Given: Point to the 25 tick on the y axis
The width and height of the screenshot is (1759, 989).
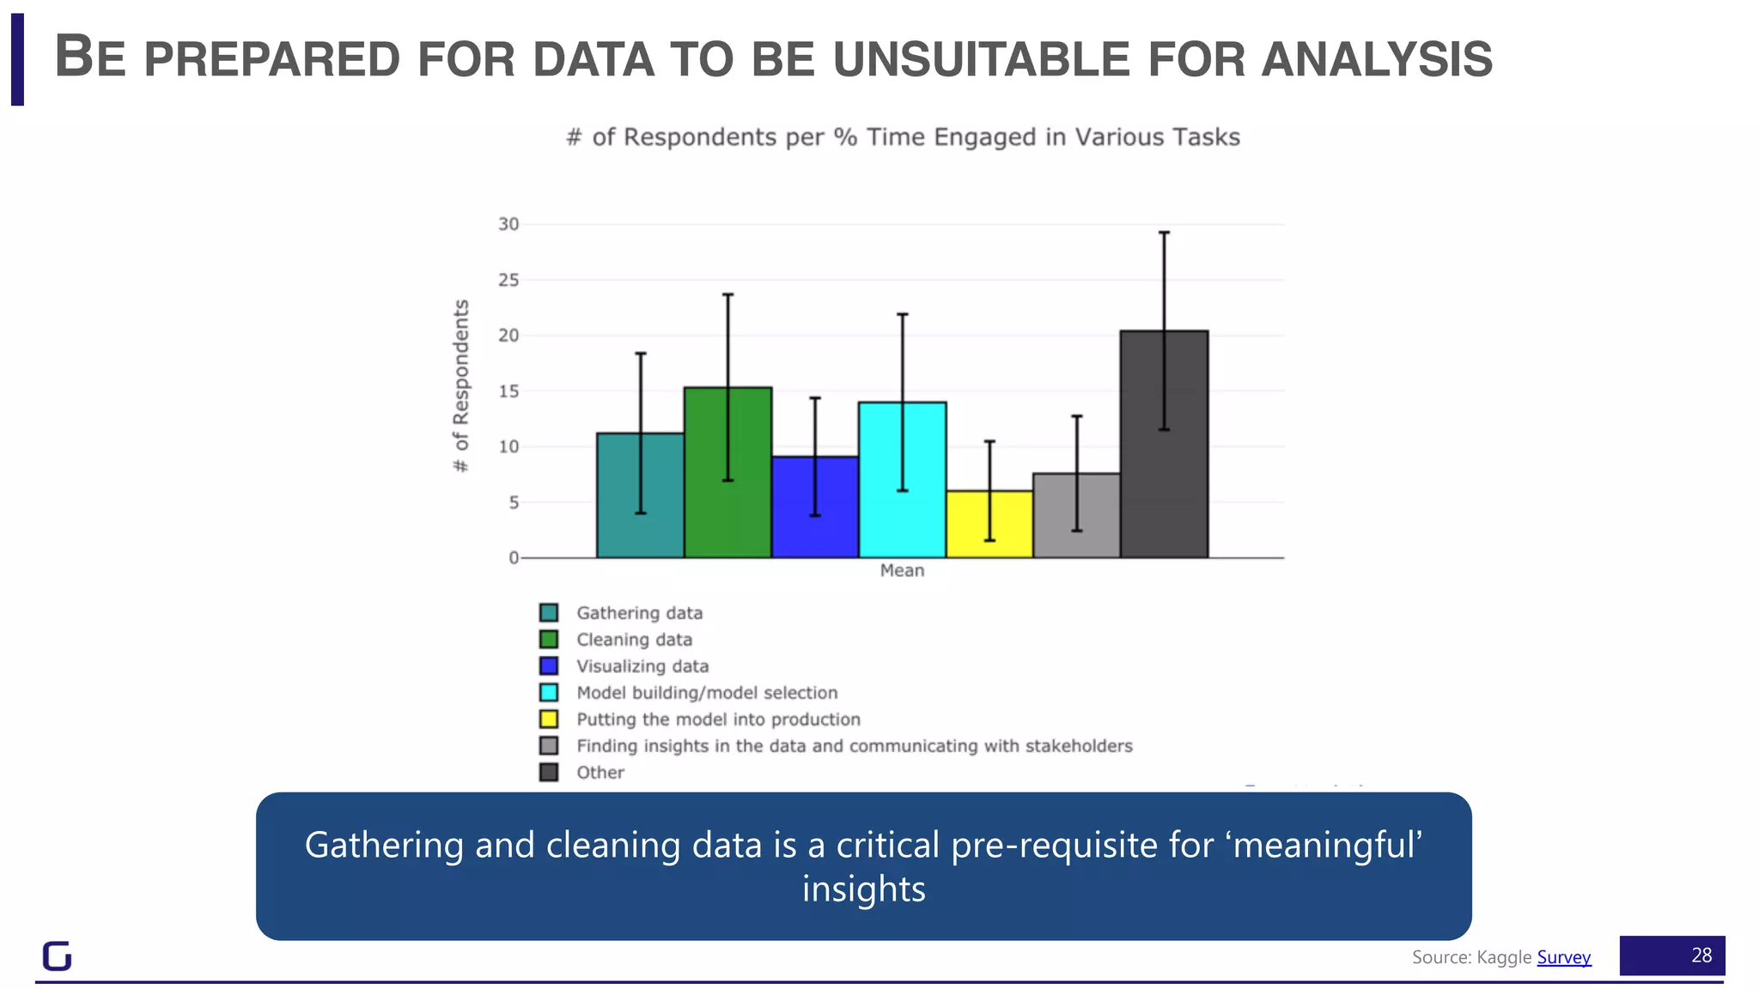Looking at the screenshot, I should [508, 280].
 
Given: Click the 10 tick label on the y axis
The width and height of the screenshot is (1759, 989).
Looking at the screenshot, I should [508, 446].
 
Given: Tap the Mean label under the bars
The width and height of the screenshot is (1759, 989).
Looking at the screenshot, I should [902, 571].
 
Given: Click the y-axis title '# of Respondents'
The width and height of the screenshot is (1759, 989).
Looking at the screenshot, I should [461, 385].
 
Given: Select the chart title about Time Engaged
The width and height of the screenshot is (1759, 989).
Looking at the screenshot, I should [903, 137].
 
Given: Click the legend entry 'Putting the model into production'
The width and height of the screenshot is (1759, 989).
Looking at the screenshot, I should [718, 719].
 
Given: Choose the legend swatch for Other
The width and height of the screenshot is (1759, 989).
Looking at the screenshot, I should [549, 772].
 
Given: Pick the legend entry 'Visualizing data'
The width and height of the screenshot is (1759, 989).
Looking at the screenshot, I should [642, 666].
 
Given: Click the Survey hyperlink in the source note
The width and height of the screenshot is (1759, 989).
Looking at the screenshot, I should [1563, 957].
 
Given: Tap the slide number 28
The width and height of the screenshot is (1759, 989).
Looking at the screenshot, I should [1701, 956].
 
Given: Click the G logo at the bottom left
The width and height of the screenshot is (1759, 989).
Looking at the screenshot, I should [57, 956].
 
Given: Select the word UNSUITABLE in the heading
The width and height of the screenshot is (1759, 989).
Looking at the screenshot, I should [981, 59].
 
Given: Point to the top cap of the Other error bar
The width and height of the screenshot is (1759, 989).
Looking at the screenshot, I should [1164, 233].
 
